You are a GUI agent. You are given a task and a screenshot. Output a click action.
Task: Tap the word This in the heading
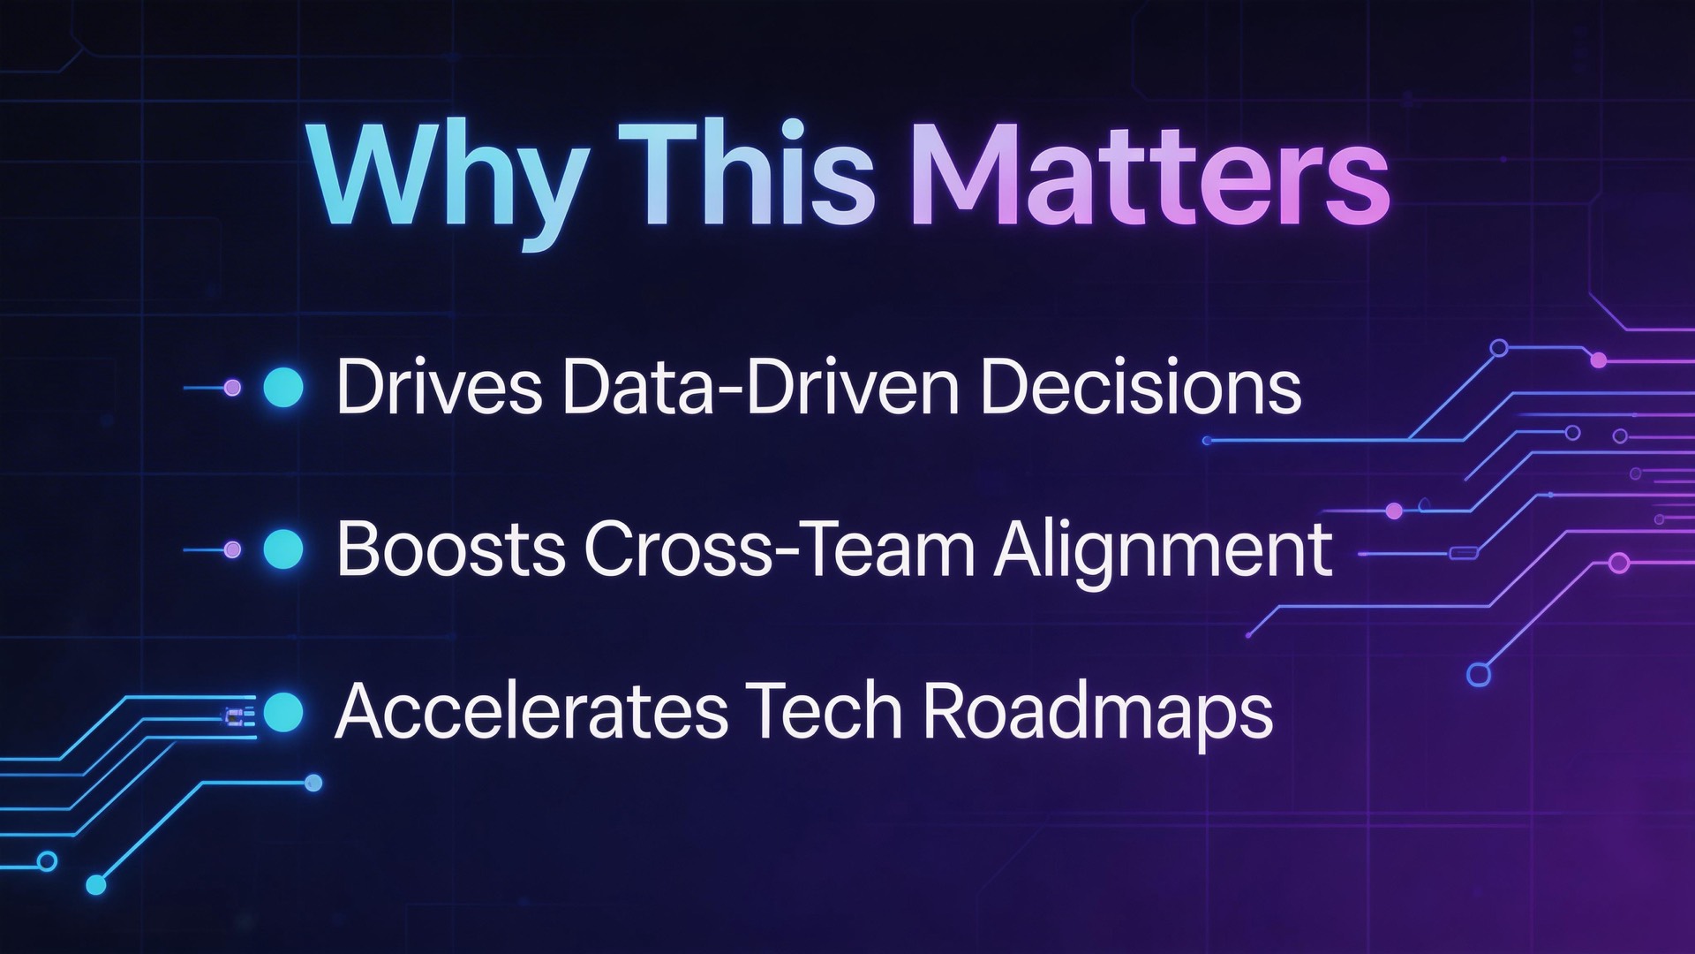coord(745,172)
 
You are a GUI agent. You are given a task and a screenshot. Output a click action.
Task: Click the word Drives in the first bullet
coord(439,387)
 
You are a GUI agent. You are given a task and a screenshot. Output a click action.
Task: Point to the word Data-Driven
coord(760,387)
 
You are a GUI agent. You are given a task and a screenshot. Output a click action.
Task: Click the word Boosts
coord(449,549)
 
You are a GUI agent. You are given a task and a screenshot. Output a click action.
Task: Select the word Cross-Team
coord(779,549)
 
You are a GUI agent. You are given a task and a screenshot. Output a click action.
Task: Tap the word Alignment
coord(1164,555)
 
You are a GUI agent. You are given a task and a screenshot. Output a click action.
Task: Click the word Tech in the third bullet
coord(823,711)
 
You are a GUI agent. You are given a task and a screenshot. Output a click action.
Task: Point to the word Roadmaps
coord(1097,717)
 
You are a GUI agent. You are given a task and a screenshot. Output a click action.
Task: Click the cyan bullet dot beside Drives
coord(283,387)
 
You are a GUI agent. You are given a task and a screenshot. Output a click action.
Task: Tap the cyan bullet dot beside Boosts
coord(283,549)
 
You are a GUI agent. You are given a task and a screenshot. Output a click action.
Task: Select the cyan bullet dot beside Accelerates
coord(283,712)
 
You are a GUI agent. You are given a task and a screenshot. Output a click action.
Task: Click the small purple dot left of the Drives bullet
coord(232,387)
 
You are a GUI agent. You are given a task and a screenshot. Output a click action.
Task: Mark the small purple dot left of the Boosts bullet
coord(232,549)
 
